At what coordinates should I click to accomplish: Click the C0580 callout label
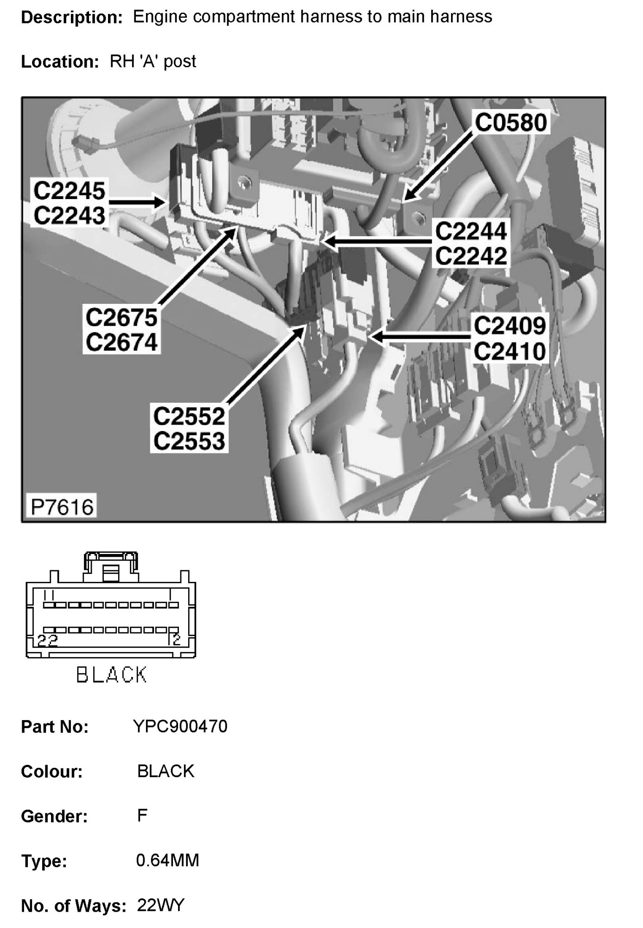(x=511, y=123)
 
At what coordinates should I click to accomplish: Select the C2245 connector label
(x=70, y=191)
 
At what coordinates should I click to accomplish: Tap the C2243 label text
(x=70, y=216)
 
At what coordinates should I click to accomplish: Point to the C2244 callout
(x=471, y=231)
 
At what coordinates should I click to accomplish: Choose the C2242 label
(x=471, y=256)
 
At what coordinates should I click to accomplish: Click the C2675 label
(x=121, y=318)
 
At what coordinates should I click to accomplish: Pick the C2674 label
(x=121, y=342)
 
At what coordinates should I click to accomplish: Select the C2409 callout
(x=509, y=326)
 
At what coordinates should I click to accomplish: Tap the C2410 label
(x=509, y=351)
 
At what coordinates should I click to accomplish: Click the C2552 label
(x=189, y=416)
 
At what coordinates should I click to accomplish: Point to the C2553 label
(x=189, y=441)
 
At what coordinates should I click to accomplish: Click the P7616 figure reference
(x=62, y=507)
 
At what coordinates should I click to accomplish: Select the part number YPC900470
(x=180, y=727)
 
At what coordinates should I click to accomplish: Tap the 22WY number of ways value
(x=161, y=905)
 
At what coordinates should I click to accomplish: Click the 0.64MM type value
(x=167, y=861)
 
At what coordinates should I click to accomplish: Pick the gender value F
(x=142, y=816)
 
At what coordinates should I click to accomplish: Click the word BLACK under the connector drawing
(x=111, y=675)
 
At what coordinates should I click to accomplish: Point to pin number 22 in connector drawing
(x=48, y=641)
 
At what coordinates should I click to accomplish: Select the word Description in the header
(x=71, y=18)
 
